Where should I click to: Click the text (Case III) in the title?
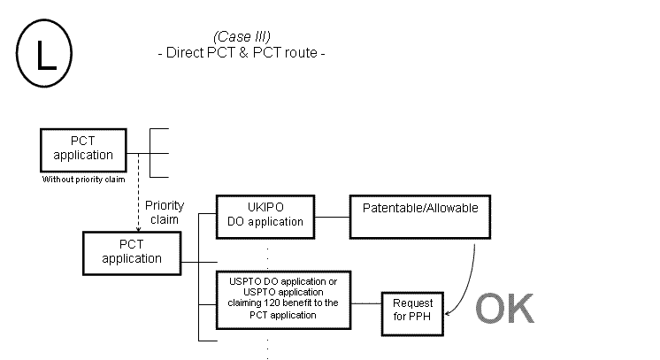tap(242, 36)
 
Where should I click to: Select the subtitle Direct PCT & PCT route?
tap(242, 52)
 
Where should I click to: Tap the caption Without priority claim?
tap(83, 179)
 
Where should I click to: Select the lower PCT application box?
tap(132, 252)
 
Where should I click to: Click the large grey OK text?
tap(505, 308)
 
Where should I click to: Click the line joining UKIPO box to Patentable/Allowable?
tap(334, 215)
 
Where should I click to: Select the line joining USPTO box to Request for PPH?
tap(366, 303)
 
